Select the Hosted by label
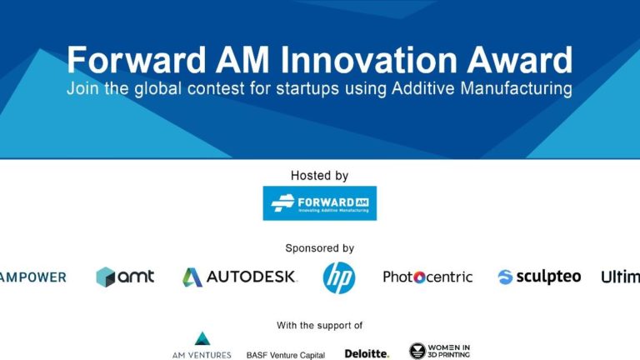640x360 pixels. pyautogui.click(x=319, y=176)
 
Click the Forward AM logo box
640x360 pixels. pyautogui.click(x=319, y=202)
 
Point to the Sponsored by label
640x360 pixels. pyautogui.click(x=319, y=248)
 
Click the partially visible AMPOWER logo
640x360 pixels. pyautogui.click(x=32, y=277)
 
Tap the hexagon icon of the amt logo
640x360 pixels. pyautogui.click(x=105, y=277)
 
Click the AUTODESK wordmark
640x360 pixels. pyautogui.click(x=251, y=277)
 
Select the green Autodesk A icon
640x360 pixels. pyautogui.click(x=192, y=277)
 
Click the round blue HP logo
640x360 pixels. pyautogui.click(x=339, y=277)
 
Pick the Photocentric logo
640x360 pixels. pyautogui.click(x=427, y=277)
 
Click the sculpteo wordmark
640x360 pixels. pyautogui.click(x=549, y=277)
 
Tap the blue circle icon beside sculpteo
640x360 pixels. pyautogui.click(x=505, y=277)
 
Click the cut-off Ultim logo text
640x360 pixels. pyautogui.click(x=621, y=277)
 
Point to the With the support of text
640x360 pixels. pyautogui.click(x=319, y=326)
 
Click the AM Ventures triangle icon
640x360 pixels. pyautogui.click(x=202, y=339)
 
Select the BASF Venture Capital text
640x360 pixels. pyautogui.click(x=285, y=355)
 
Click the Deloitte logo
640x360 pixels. pyautogui.click(x=367, y=353)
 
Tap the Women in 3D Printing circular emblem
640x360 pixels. pyautogui.click(x=417, y=351)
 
